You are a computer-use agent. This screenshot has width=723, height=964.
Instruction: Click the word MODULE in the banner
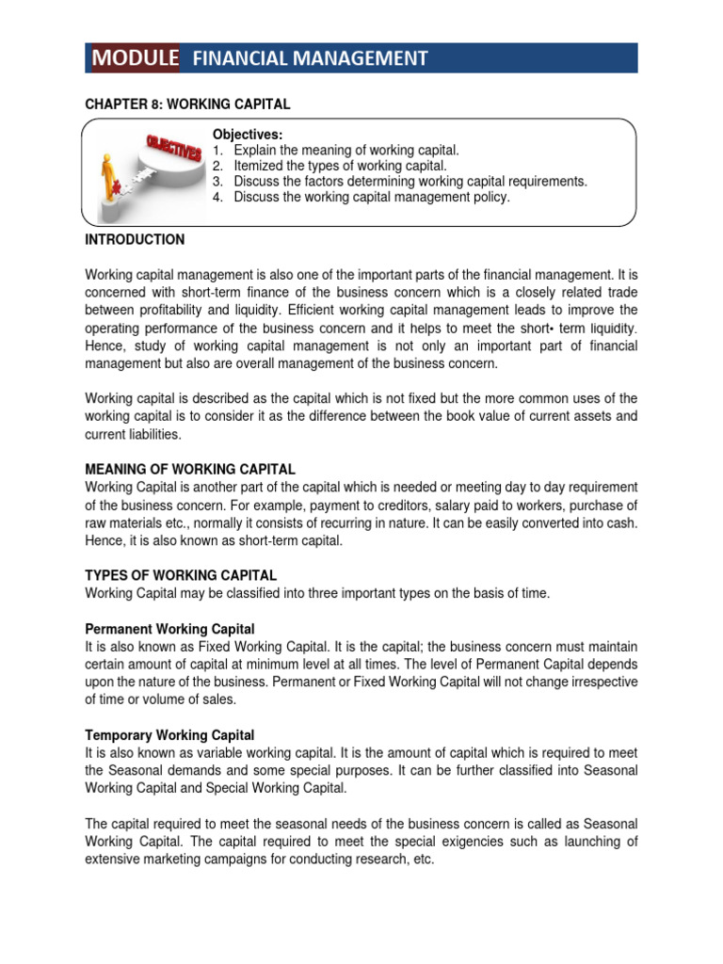(136, 58)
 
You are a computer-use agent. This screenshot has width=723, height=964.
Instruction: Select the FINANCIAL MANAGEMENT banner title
(310, 59)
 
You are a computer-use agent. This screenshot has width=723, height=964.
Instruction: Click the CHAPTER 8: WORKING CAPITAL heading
(187, 104)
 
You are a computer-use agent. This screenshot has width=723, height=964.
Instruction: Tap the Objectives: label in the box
(248, 136)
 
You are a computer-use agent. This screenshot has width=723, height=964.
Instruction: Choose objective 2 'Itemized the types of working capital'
(333, 167)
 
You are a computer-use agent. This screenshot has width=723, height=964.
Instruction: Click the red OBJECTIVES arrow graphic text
(173, 150)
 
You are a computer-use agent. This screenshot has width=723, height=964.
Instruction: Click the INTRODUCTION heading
(135, 240)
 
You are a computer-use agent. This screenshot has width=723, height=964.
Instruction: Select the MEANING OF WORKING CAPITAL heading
(190, 469)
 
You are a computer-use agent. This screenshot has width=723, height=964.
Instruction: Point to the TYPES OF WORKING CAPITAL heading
(181, 575)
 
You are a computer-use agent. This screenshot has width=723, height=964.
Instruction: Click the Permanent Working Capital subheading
(169, 629)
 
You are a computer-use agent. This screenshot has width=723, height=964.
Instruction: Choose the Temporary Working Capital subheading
(169, 735)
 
